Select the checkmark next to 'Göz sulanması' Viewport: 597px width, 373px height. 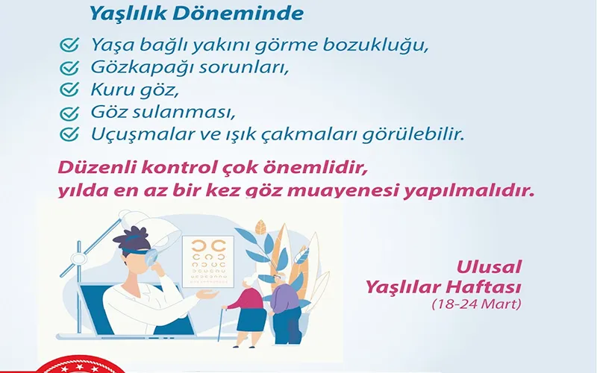[69, 113]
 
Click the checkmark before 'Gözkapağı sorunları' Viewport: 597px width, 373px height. [69, 67]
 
